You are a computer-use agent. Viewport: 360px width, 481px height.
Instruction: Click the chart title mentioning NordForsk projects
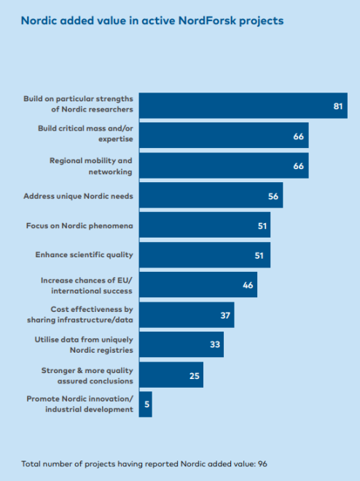point(152,21)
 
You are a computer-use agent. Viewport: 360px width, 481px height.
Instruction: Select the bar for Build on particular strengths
point(243,106)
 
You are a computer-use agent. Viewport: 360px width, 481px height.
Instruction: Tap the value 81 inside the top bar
point(338,106)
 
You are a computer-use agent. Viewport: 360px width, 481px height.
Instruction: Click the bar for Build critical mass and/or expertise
point(224,136)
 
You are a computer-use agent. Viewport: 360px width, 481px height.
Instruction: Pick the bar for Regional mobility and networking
point(224,165)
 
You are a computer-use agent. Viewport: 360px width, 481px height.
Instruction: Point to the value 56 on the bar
point(273,196)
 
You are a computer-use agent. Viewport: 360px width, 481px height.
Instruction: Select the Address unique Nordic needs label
point(78,196)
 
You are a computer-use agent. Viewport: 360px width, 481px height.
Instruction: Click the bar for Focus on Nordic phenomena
point(205,225)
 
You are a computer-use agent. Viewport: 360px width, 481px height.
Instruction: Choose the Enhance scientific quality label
point(84,255)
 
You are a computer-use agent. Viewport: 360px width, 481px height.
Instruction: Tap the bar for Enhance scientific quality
point(205,255)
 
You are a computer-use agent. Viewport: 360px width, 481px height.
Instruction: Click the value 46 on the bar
point(248,285)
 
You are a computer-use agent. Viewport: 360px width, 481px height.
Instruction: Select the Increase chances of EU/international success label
point(87,286)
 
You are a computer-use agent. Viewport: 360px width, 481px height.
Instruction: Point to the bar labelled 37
point(187,315)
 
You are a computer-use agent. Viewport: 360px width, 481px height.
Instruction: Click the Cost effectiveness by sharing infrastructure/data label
point(80,314)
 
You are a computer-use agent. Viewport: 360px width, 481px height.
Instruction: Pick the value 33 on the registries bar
point(215,345)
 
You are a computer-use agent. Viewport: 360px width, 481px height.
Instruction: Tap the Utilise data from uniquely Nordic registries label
point(84,345)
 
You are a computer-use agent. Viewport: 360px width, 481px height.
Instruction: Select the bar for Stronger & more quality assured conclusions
point(171,375)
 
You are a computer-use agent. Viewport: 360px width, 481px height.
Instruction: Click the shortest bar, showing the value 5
point(145,404)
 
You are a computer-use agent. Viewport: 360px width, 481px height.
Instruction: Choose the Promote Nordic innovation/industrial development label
point(79,404)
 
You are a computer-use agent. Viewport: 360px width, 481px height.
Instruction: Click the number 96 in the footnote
point(262,464)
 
